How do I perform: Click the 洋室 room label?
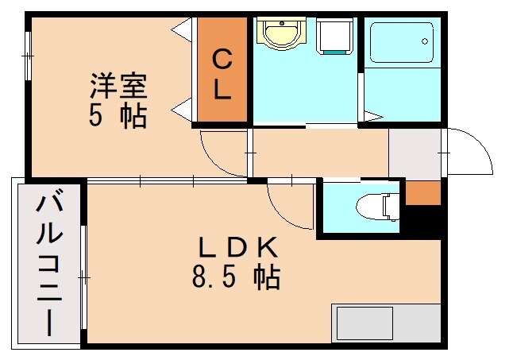118,83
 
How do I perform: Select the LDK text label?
236,249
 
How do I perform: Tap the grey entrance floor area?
415,153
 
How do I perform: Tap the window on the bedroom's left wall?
29,56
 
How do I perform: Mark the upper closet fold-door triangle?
183,30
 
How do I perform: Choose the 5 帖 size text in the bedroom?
118,115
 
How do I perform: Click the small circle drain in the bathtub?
426,41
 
